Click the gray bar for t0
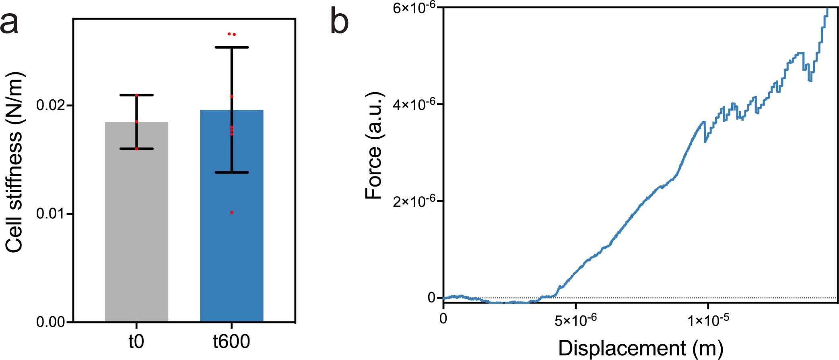click(136, 221)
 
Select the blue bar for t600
click(231, 241)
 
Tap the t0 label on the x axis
click(136, 342)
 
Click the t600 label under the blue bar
click(231, 342)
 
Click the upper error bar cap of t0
click(136, 95)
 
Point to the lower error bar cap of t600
click(232, 172)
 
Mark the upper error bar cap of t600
click(232, 47)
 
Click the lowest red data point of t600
click(232, 212)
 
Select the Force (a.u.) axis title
click(374, 146)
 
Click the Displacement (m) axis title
click(641, 348)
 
